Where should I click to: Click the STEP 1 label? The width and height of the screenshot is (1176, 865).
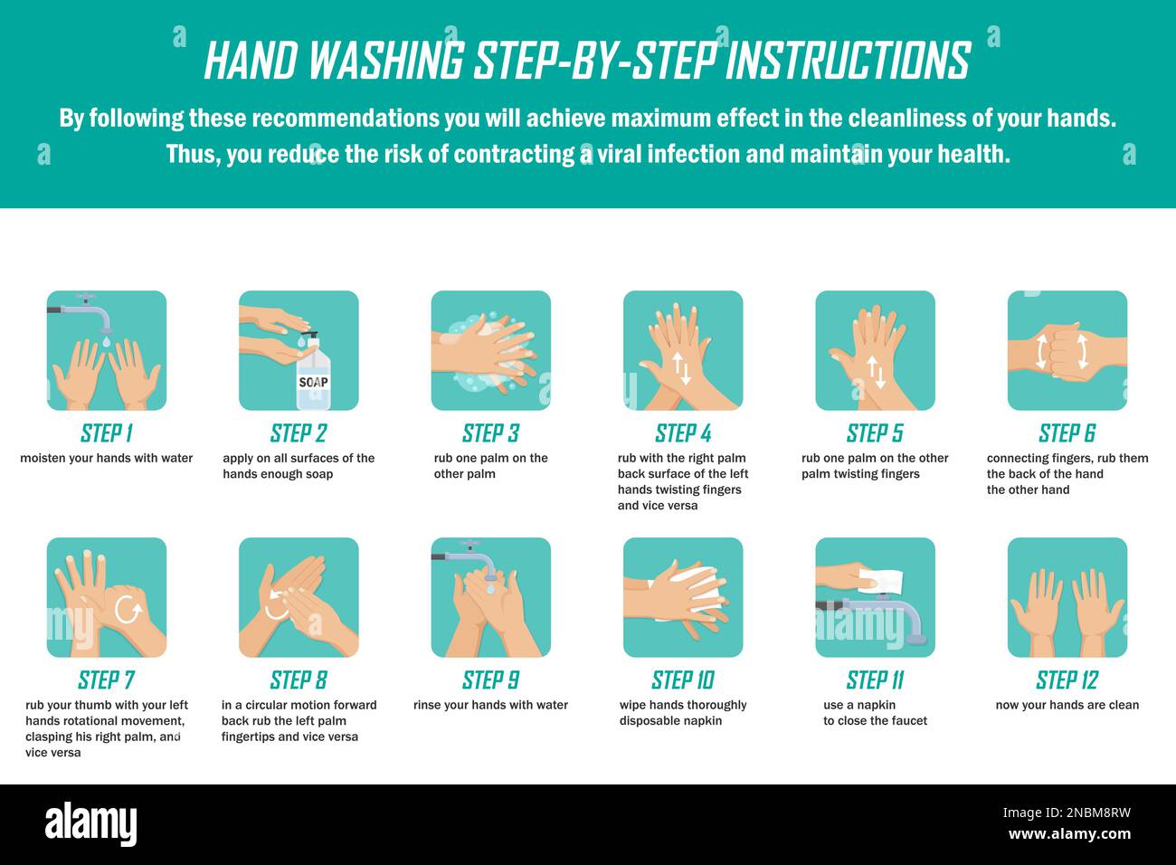pos(107,433)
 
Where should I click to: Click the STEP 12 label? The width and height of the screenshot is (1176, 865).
pos(1067,680)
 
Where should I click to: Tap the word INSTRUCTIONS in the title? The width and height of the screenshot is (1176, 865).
pos(848,62)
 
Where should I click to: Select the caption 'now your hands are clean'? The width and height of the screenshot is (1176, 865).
pos(1067,706)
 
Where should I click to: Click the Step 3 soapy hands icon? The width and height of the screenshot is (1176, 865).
pos(490,350)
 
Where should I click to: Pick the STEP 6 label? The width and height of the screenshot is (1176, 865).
pos(1067,433)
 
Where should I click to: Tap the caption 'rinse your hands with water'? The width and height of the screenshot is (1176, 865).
pos(490,706)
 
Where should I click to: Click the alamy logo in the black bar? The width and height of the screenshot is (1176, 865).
pos(90,823)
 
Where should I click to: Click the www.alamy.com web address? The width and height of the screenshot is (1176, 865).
pos(1069,834)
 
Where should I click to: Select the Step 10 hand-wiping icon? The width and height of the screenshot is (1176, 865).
pos(683,597)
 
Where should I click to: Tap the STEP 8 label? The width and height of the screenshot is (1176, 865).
pos(299,680)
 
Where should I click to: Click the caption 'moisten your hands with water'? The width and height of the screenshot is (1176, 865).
pos(107,459)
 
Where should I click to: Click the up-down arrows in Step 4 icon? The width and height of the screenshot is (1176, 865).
pos(683,369)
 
